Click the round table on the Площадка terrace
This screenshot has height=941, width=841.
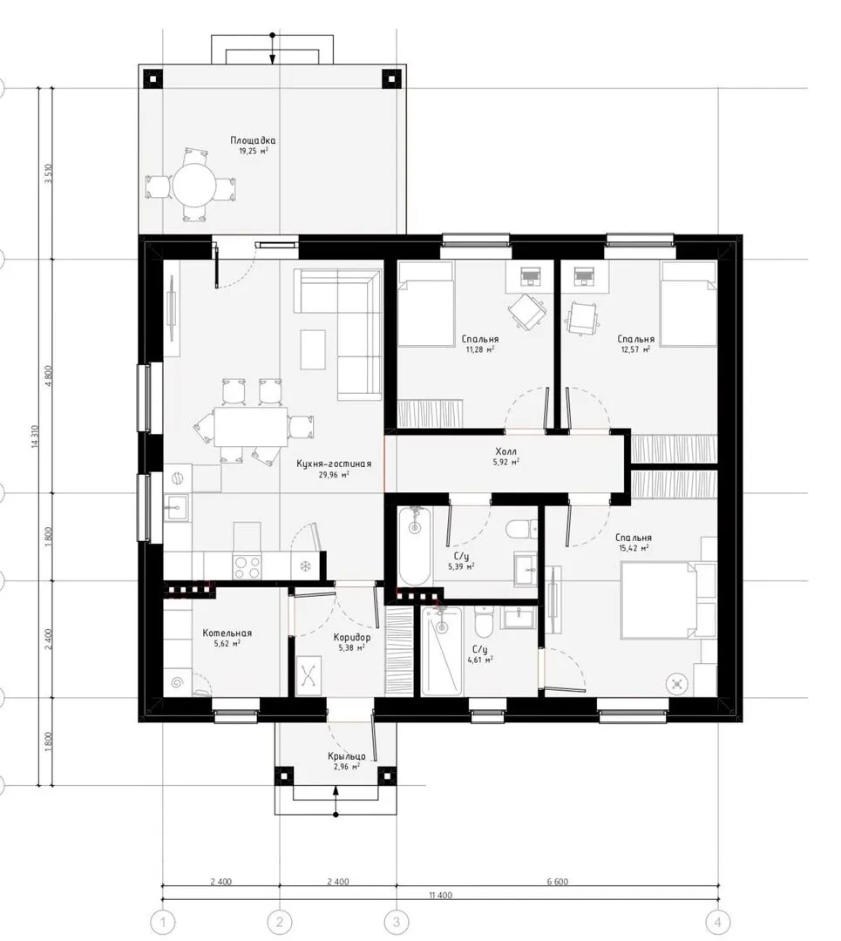(193, 185)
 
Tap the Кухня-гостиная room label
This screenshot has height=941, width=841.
(334, 464)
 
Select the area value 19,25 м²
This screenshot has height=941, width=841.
(254, 152)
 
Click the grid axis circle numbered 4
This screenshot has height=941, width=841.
(717, 921)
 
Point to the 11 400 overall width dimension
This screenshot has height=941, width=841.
(441, 895)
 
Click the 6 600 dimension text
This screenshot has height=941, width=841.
(557, 882)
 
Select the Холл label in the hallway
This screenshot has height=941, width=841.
(505, 451)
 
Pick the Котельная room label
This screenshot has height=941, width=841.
(227, 633)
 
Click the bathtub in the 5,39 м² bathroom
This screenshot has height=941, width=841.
(414, 545)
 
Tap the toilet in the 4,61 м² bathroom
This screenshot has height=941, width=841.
(483, 622)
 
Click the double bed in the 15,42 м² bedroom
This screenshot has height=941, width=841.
(668, 600)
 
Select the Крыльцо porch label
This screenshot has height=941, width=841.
(346, 756)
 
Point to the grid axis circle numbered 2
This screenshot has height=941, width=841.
(279, 921)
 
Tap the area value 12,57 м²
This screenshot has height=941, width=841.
(635, 349)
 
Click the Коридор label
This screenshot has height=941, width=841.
(352, 637)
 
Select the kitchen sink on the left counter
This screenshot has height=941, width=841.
(176, 508)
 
